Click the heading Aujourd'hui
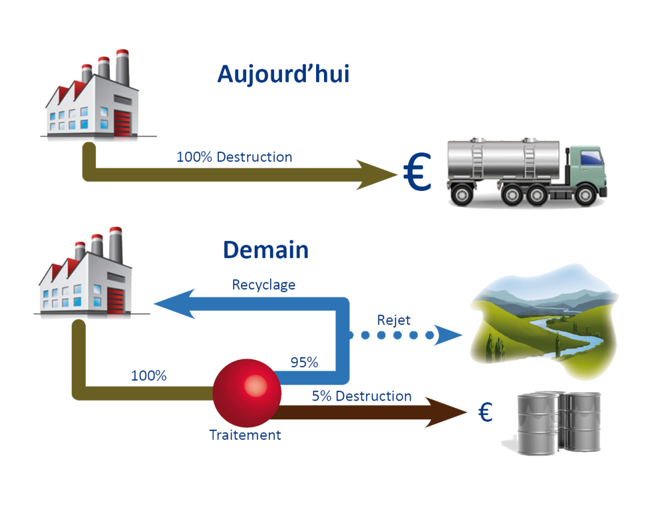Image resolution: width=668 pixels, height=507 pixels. pyautogui.click(x=283, y=74)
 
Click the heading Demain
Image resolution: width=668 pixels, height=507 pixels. pyautogui.click(x=265, y=250)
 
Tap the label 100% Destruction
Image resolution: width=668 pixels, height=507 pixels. pyautogui.click(x=234, y=157)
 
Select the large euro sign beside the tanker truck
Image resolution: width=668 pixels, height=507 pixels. pyautogui.click(x=417, y=174)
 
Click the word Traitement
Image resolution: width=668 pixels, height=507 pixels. pyautogui.click(x=245, y=435)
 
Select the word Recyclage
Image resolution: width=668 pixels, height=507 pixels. pyautogui.click(x=263, y=285)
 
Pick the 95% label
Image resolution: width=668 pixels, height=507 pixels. pyautogui.click(x=304, y=363)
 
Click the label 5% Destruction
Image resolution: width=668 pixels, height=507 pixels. pyautogui.click(x=362, y=396)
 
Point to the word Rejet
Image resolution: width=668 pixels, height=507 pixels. pyautogui.click(x=393, y=320)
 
